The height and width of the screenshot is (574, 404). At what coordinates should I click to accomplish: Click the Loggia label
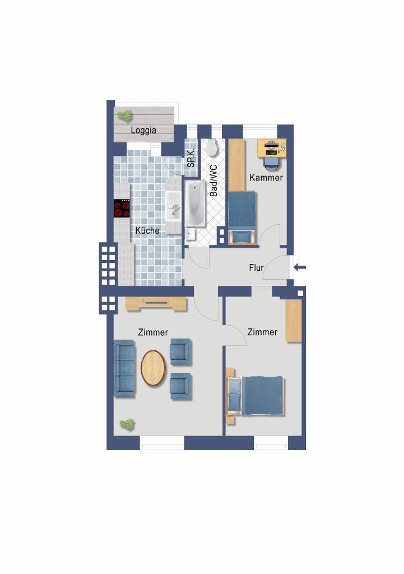143,130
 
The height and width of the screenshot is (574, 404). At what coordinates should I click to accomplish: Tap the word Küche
147,230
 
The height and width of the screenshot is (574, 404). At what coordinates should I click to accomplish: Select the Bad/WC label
213,180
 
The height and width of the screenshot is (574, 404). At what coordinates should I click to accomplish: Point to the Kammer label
266,178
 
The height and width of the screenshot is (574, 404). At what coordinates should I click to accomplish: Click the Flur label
256,267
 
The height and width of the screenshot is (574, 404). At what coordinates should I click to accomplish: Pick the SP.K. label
192,158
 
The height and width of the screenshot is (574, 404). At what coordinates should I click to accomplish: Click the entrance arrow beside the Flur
300,267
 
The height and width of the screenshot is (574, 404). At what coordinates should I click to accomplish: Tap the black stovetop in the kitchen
122,209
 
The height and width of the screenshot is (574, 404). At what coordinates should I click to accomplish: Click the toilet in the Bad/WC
211,147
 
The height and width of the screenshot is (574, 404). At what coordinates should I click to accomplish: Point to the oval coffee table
154,368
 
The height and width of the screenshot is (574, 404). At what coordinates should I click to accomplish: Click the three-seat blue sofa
125,368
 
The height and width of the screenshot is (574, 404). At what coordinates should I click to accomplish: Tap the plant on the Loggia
125,115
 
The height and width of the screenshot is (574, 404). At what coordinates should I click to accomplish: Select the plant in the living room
127,425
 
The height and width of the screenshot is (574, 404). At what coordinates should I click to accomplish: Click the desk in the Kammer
272,148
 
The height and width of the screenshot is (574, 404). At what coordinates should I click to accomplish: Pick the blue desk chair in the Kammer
272,163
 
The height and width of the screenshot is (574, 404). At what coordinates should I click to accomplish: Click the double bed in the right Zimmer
256,396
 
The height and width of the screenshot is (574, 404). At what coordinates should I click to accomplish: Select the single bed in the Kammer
242,217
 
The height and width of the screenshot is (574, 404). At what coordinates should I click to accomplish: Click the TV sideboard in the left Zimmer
157,304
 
